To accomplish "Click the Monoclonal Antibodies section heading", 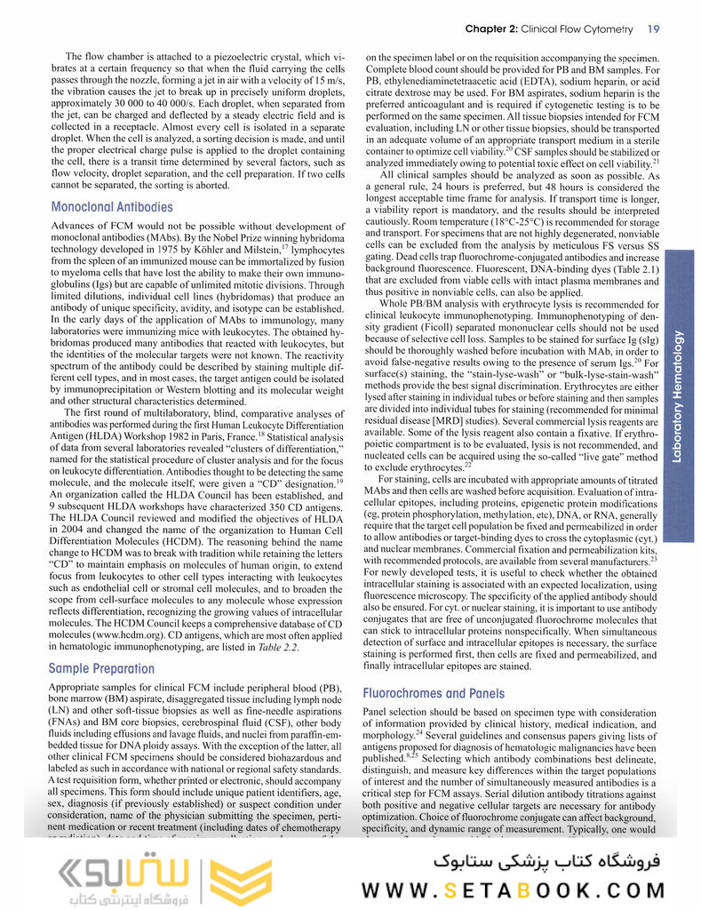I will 112,207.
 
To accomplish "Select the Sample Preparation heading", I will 100,667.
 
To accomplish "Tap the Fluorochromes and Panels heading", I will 434,692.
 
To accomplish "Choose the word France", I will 261,437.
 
